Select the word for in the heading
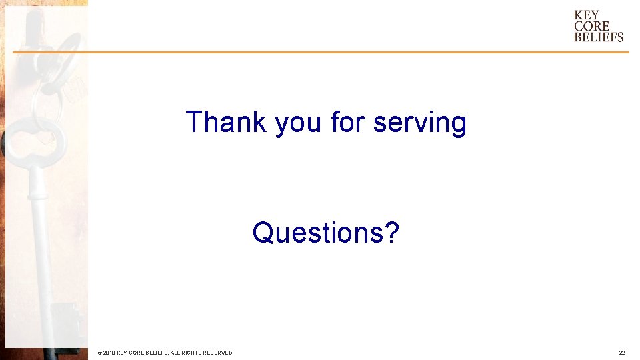click(x=348, y=122)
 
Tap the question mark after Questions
click(x=392, y=233)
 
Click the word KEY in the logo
click(x=587, y=15)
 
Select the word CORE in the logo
click(x=591, y=26)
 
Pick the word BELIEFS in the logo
click(x=599, y=37)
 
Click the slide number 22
click(x=621, y=352)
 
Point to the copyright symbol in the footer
click(x=99, y=352)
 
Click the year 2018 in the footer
click(x=109, y=352)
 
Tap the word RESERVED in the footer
click(x=218, y=352)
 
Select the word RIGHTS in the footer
click(x=190, y=352)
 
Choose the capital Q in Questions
click(x=262, y=233)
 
